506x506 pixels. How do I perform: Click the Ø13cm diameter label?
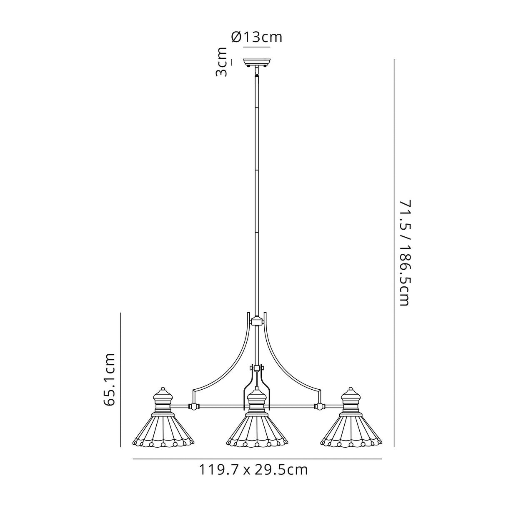click(257, 38)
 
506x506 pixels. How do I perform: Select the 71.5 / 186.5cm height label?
click(404, 253)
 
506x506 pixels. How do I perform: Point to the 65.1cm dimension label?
click(110, 379)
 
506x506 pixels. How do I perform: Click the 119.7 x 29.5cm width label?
click(253, 470)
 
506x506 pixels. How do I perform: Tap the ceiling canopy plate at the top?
click(257, 62)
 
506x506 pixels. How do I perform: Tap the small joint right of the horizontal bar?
click(320, 406)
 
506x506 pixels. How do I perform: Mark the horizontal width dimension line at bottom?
click(257, 459)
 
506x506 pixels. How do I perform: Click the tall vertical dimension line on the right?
click(394, 253)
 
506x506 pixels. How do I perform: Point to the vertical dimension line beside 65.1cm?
click(120, 379)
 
